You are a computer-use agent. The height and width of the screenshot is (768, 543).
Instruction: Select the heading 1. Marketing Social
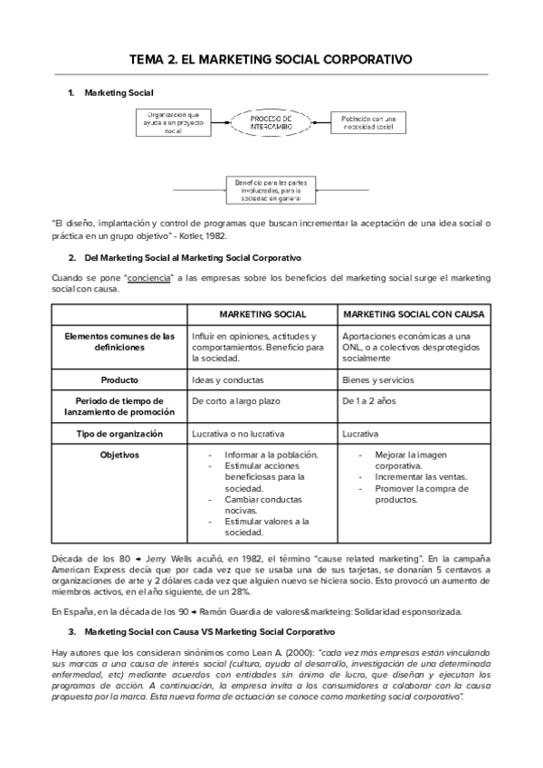(x=119, y=93)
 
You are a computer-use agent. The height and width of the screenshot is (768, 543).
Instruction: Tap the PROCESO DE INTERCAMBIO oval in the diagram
(x=271, y=122)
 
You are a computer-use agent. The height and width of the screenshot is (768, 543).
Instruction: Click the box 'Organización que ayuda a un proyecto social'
(x=173, y=122)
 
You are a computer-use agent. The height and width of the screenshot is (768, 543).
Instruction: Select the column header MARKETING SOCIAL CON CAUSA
(x=414, y=313)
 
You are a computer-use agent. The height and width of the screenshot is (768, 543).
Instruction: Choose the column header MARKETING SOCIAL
(x=262, y=313)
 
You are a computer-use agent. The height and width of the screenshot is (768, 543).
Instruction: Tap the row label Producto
(x=119, y=379)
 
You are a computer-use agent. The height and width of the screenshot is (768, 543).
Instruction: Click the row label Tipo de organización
(x=119, y=434)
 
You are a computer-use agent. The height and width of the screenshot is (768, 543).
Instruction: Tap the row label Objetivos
(x=119, y=455)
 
